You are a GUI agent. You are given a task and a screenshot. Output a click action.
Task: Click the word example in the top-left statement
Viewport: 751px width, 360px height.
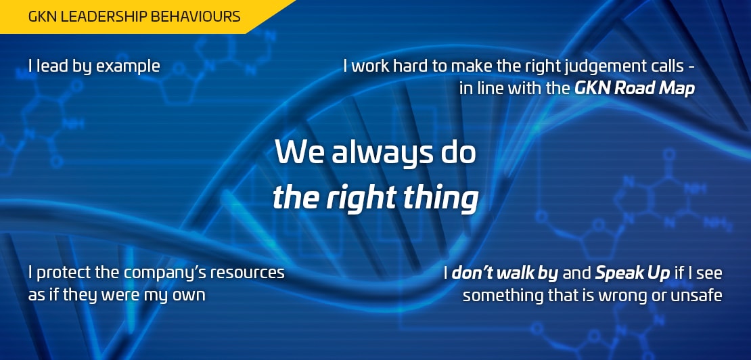[x=128, y=66]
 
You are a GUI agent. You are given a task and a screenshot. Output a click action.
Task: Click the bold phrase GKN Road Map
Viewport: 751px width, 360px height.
[x=634, y=89]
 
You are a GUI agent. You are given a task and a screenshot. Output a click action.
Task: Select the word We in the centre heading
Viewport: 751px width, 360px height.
[x=299, y=152]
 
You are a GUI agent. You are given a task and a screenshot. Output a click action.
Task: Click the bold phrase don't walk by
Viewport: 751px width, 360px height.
[x=505, y=274]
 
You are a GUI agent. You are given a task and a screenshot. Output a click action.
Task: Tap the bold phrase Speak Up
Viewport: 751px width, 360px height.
[x=632, y=274]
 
